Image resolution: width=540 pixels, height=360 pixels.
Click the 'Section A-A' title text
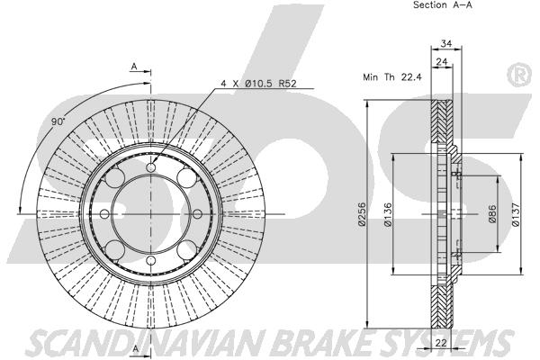point(443,4)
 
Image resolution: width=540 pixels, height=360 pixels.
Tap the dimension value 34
point(446,43)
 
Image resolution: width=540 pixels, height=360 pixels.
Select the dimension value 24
point(442,62)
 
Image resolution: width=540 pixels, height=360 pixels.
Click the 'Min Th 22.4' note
point(392,76)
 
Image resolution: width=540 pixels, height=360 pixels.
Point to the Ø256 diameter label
point(361,214)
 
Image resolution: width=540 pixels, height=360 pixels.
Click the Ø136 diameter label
point(388,214)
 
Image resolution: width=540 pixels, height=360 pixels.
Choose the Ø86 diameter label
point(493,213)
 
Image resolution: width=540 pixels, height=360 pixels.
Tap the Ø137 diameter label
point(516,214)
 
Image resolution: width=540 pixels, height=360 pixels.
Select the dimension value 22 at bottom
point(441,343)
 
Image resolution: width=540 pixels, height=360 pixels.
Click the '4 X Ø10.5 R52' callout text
point(258,84)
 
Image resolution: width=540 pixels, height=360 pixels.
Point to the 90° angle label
point(58,121)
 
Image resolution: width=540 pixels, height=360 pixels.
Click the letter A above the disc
point(134,66)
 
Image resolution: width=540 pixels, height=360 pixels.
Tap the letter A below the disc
point(135,348)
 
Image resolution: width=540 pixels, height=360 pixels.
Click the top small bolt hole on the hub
point(151,167)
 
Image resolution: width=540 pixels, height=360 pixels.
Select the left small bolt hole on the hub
point(104,214)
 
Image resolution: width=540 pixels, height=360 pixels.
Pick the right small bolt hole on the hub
point(197,214)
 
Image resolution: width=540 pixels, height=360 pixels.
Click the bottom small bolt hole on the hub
point(151,260)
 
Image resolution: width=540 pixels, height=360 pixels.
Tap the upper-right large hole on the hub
point(187,178)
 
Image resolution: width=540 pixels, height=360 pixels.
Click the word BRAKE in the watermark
point(321,343)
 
